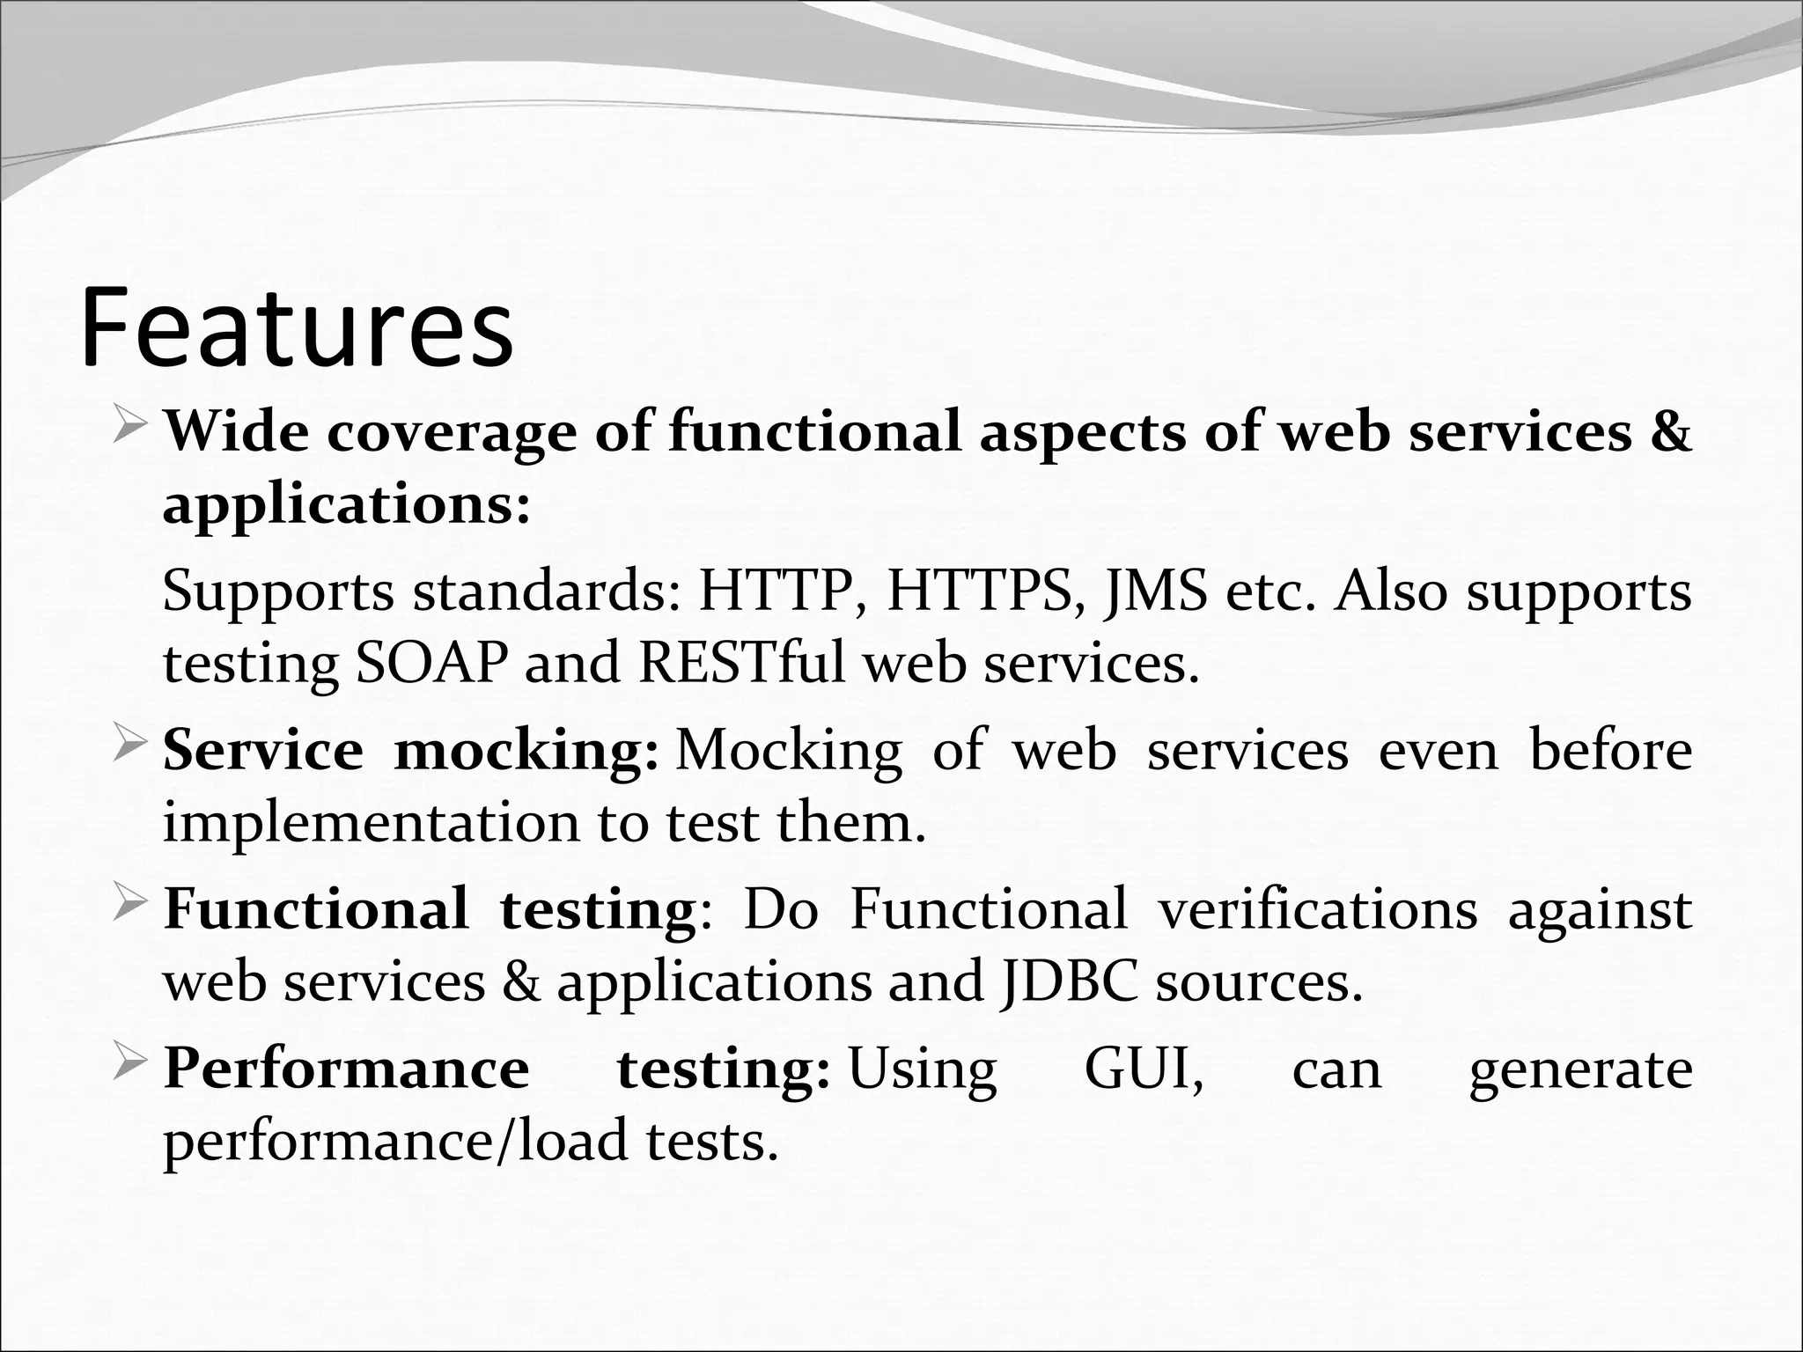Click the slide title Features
297,327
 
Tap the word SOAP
431,663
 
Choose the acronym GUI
1143,1069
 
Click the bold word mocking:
526,751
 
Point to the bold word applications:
347,506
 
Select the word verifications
1317,909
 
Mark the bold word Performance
347,1069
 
